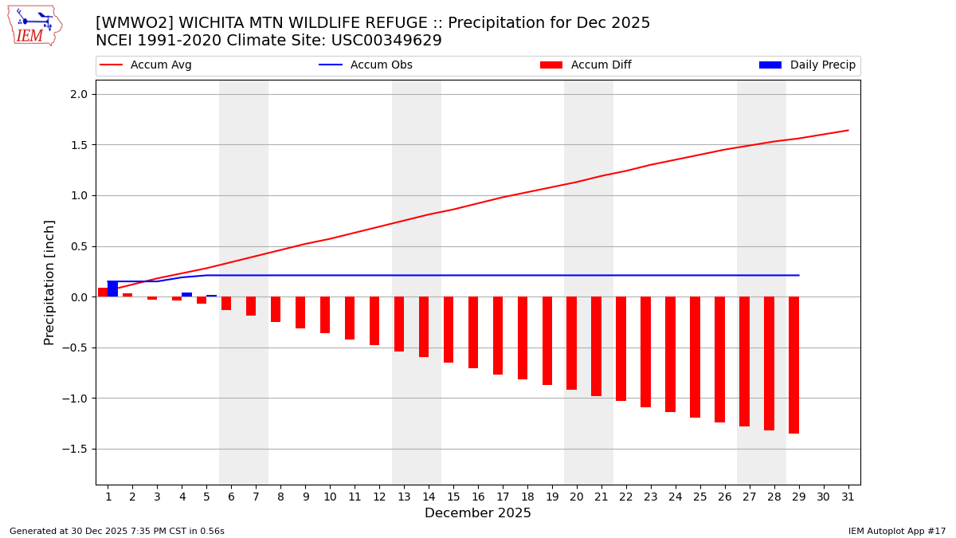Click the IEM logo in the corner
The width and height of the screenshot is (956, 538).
(34, 26)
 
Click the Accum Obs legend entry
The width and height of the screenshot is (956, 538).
(381, 65)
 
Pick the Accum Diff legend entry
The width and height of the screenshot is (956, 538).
(601, 65)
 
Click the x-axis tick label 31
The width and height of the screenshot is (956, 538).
(848, 496)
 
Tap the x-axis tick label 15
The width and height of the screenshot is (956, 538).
(453, 496)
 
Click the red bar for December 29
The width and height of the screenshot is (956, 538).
(793, 365)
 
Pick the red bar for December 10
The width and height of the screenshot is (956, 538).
(325, 315)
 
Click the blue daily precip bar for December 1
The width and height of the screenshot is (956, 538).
(112, 289)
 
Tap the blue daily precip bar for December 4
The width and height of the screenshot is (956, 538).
(186, 294)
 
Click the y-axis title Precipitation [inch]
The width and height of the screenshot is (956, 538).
(49, 282)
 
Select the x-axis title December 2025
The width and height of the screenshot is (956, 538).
(477, 513)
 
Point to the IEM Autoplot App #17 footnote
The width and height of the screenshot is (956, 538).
(896, 531)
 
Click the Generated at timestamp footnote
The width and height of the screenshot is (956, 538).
(117, 531)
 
